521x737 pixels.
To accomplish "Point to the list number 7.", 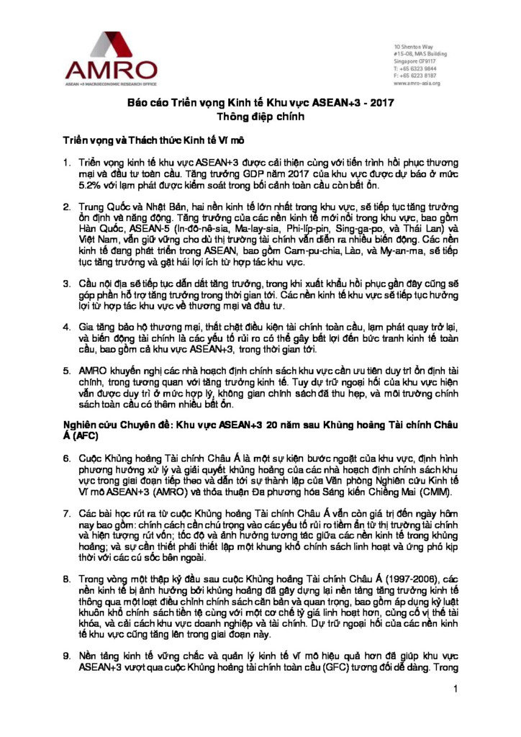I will point(66,512).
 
